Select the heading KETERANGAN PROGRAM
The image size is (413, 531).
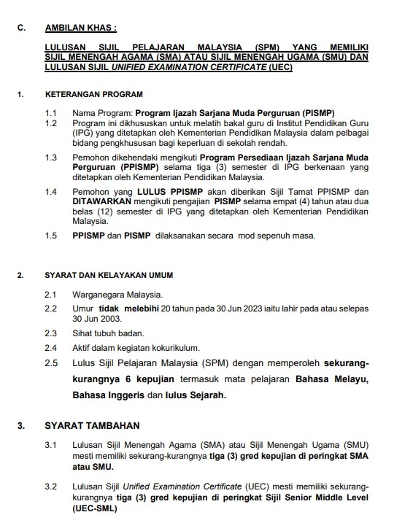[93, 94]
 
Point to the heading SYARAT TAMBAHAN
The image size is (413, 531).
[92, 425]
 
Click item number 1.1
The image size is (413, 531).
[50, 114]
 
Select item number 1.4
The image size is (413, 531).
[50, 191]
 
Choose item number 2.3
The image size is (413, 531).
[50, 332]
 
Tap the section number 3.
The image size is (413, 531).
[21, 425]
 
